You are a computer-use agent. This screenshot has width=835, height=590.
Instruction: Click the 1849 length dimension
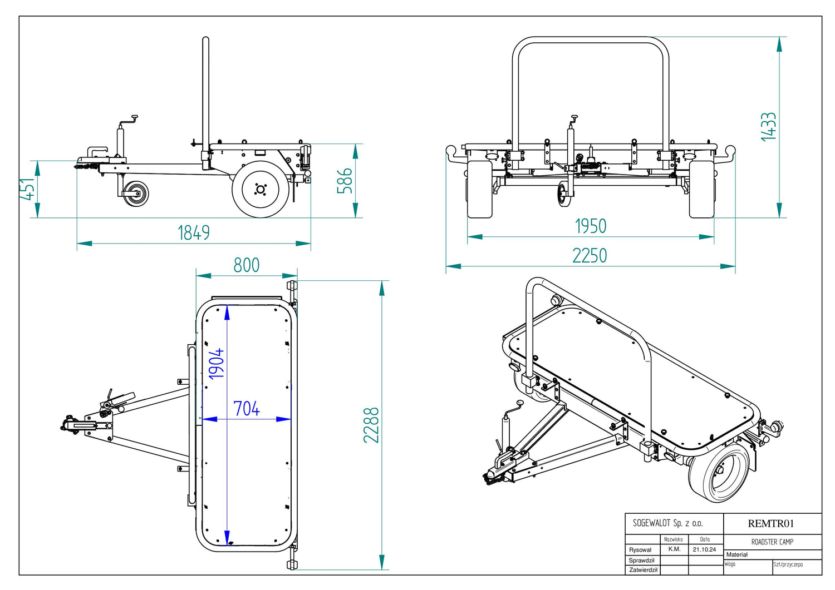pos(193,232)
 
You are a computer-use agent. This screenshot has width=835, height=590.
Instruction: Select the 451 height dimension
pos(28,189)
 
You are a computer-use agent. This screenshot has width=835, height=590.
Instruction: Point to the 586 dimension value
pos(345,181)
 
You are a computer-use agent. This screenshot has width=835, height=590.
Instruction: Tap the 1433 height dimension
pos(768,127)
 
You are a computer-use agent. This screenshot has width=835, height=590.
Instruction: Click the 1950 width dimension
pos(590,226)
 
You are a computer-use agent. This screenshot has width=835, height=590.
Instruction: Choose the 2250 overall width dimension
pos(590,256)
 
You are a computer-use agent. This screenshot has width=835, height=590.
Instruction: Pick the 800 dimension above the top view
pos(246,265)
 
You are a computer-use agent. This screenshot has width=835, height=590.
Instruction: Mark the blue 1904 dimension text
pos(216,364)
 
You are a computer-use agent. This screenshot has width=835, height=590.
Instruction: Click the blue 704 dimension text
pos(246,409)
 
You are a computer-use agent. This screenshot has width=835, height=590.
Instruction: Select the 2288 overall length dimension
pos(371,425)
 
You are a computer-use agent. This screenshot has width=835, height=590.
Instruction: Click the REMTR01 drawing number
pos(771,523)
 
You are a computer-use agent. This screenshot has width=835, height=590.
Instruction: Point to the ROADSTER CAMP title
pos(772,542)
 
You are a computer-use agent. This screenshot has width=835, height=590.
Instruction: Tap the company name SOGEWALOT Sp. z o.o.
pos(667,523)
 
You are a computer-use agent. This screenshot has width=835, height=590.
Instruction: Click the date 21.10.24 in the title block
pos(704,549)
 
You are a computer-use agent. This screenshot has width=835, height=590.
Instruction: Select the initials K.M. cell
pos(674,549)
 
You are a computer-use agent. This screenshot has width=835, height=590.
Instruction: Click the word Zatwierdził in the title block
pos(643,570)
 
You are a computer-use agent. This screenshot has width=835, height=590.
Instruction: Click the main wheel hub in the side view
pos(260,190)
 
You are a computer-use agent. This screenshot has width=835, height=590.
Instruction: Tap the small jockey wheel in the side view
pos(136,194)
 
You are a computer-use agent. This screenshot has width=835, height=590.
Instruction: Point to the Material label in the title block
pos(737,554)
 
